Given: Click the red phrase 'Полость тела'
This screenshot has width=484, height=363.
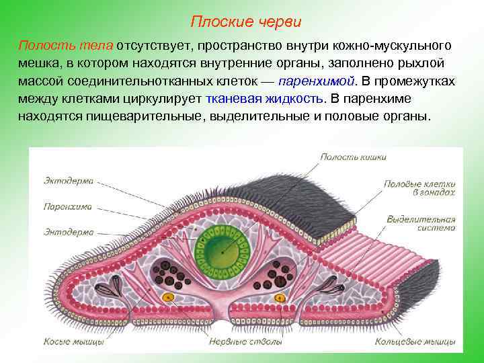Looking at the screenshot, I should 66,46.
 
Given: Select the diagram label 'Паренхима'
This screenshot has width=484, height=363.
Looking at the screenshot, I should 67,207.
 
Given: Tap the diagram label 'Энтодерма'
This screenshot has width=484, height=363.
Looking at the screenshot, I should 69,232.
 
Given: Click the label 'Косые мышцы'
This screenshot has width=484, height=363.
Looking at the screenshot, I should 73,342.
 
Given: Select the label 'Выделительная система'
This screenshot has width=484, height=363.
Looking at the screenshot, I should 421,223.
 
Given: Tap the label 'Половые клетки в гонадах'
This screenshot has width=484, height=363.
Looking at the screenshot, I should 419,187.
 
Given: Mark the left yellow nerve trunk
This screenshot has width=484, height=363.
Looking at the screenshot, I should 169,296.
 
